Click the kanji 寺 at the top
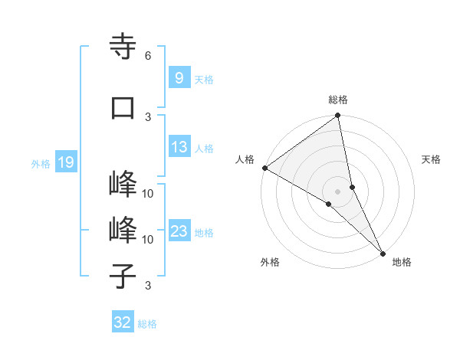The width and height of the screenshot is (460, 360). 123,47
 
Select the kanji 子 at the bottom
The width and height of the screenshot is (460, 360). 123,276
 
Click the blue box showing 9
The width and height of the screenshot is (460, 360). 179,77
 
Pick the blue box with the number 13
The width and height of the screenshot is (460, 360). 179,148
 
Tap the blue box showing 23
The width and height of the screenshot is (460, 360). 179,231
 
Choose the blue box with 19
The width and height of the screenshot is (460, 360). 65,162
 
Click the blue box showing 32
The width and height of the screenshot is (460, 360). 123,322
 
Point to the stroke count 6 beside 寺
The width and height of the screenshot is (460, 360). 147,55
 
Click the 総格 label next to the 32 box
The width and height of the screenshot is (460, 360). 147,324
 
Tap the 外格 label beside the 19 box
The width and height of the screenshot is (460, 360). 41,163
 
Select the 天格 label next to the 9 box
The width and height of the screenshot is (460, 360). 203,79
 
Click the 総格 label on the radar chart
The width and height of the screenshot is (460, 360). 338,100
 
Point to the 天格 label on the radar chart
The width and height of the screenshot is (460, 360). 432,159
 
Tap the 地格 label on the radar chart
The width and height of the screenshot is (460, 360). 402,262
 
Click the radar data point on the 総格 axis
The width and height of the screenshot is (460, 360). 338,116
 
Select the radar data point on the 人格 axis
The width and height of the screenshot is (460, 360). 264,168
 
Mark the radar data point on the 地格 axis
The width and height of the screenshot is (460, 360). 383,253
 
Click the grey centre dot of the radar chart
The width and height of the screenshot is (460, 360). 338,191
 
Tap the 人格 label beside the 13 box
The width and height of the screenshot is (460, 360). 204,149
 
